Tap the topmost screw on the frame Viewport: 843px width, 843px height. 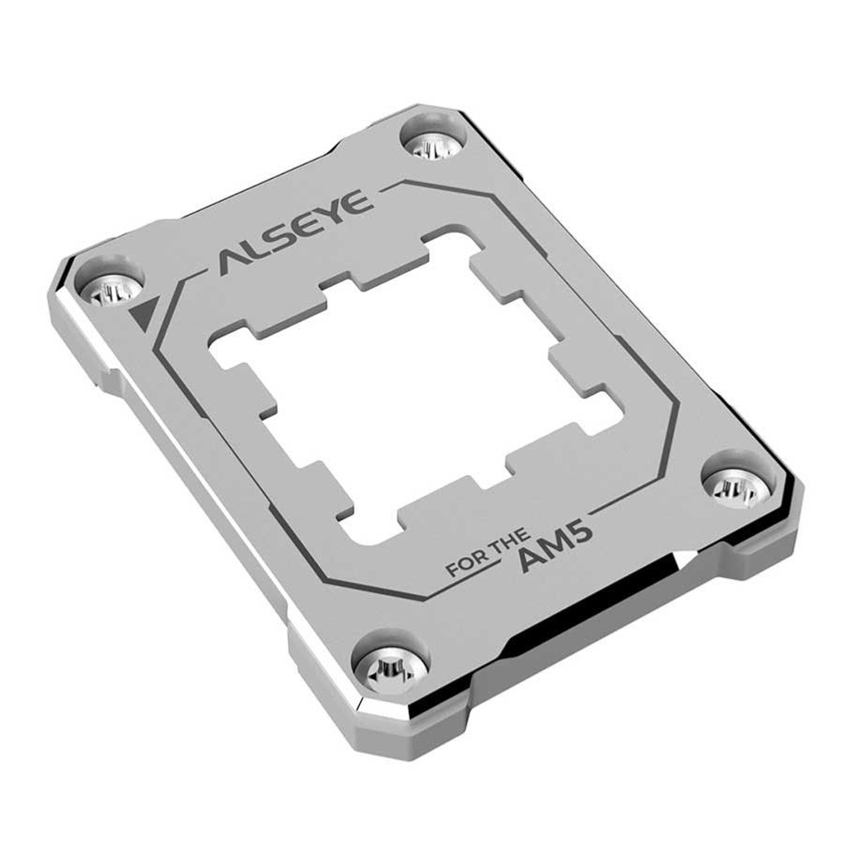pyautogui.click(x=433, y=145)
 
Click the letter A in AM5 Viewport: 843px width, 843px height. pyautogui.click(x=528, y=563)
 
